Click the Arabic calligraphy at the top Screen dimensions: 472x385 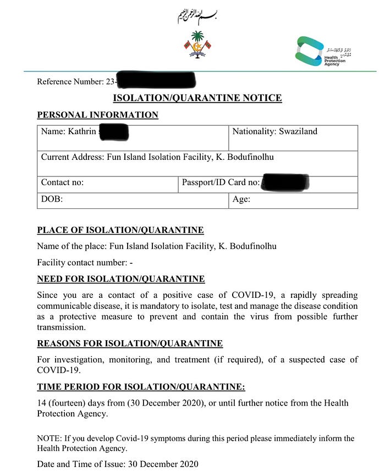[197, 17]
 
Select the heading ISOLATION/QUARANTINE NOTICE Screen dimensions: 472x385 [197, 98]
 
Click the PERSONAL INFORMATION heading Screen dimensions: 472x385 [97, 115]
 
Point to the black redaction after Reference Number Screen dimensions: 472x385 [156, 80]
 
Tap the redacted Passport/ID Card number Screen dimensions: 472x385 [285, 182]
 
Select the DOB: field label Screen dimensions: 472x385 [52, 199]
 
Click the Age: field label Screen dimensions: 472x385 [241, 199]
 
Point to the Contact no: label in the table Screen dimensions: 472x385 [62, 182]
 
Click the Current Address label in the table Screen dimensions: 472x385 [72, 157]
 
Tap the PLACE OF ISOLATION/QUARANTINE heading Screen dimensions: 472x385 [120, 230]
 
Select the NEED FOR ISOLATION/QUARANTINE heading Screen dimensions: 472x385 [120, 279]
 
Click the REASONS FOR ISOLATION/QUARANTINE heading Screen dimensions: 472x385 [129, 343]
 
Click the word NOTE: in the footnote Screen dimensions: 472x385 [49, 438]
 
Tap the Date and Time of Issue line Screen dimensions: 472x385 [117, 464]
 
